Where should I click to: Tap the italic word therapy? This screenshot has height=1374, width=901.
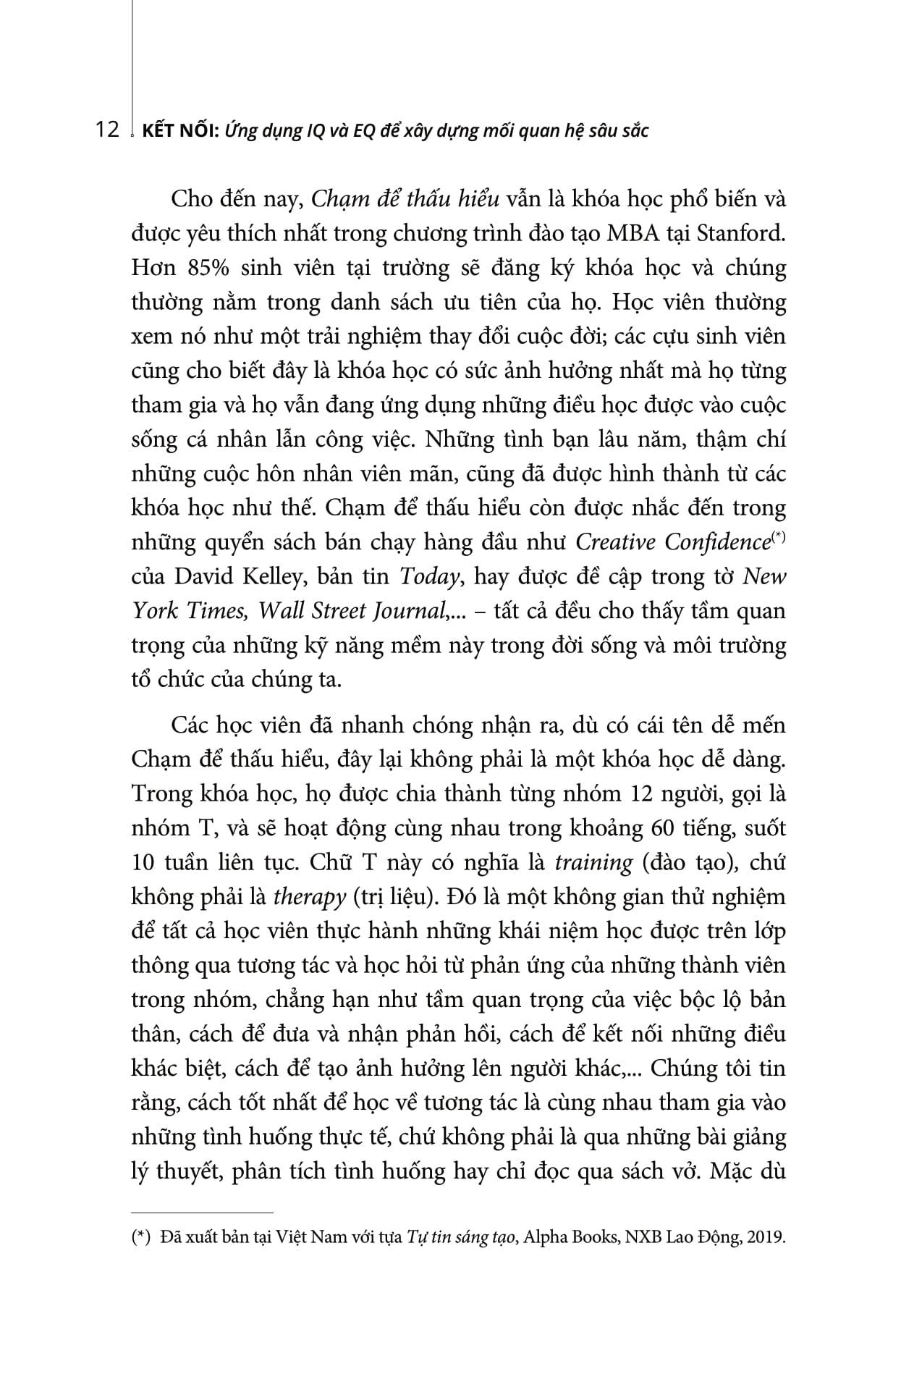pyautogui.click(x=310, y=897)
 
